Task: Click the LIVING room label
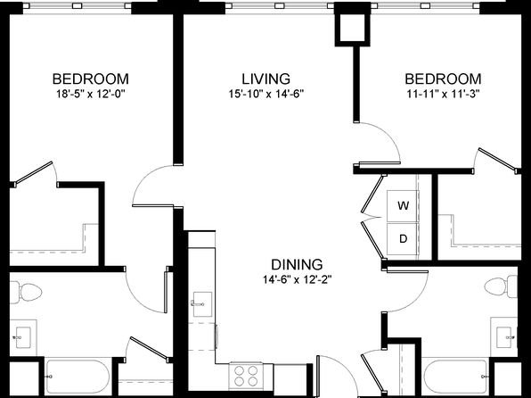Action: tap(265, 79)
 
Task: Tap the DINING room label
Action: tap(297, 264)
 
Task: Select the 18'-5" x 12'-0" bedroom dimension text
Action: tap(91, 94)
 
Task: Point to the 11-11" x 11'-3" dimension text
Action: tap(444, 94)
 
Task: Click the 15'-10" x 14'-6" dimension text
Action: tap(266, 94)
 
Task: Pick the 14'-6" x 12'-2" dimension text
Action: tap(297, 279)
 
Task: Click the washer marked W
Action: tap(403, 206)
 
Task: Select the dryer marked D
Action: tap(403, 239)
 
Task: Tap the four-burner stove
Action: tap(246, 376)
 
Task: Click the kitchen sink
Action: tap(202, 304)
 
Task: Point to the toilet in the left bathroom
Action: tap(26, 292)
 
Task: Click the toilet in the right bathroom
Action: tap(501, 286)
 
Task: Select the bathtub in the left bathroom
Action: tap(78, 377)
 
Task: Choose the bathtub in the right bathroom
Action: tap(455, 377)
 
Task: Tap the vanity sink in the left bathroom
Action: tap(23, 337)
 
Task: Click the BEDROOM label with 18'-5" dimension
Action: tap(91, 79)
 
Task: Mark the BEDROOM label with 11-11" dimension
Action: tap(444, 79)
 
